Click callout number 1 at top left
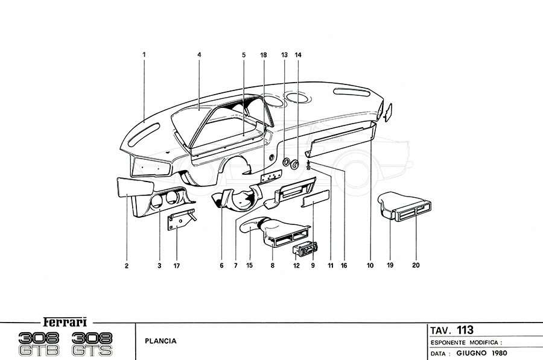pos(144,55)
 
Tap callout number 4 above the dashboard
pos(198,55)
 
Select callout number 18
pos(263,55)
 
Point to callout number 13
pos(284,55)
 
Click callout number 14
pos(298,55)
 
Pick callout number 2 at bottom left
pos(127,265)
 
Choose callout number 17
pos(176,265)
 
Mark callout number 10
pos(370,265)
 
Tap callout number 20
pos(416,265)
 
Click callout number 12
pos(296,265)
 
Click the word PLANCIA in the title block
pos(161,341)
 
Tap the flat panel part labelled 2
pos(128,187)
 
